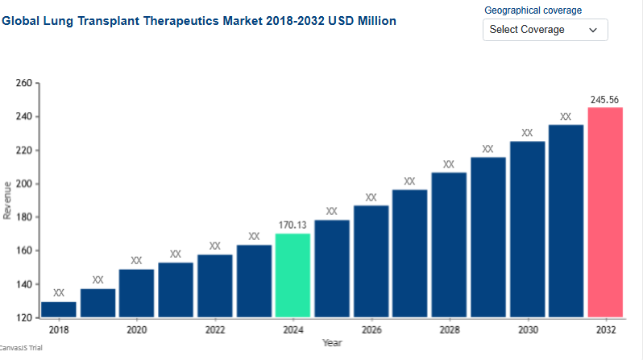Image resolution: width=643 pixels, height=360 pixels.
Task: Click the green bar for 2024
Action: [x=292, y=275]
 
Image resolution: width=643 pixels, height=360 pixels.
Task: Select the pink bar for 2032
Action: [x=605, y=213]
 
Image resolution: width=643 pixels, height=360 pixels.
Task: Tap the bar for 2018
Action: [x=58, y=309]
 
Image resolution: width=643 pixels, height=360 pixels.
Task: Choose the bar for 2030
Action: [x=527, y=230]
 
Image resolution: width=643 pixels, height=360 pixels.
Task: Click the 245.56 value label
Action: [x=604, y=100]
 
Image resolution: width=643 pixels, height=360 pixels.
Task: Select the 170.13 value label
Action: [x=292, y=226]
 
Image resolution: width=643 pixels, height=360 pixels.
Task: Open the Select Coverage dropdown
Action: [x=545, y=30]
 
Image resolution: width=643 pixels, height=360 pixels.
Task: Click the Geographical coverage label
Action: [x=533, y=10]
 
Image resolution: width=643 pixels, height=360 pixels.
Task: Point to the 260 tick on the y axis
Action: [x=23, y=83]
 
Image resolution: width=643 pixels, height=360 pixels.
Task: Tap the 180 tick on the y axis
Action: [x=23, y=217]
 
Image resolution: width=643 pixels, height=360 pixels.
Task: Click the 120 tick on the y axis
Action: [x=23, y=318]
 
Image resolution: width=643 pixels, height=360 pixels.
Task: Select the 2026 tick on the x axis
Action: [x=371, y=330]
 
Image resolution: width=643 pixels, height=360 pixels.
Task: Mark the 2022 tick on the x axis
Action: [x=214, y=330]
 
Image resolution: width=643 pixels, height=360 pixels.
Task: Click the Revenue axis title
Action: [x=7, y=201]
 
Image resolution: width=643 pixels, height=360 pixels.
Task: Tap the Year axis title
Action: [x=332, y=343]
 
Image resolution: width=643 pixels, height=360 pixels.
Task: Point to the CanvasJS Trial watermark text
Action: [x=21, y=348]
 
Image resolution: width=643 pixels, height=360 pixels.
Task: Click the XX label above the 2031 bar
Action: [x=566, y=117]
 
